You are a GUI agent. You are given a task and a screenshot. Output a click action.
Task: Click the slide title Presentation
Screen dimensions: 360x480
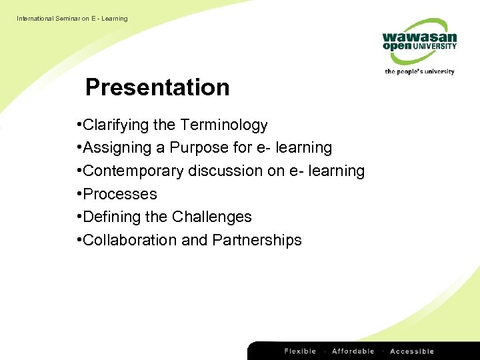(x=157, y=87)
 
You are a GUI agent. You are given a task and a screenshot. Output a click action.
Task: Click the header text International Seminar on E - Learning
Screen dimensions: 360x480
(x=72, y=19)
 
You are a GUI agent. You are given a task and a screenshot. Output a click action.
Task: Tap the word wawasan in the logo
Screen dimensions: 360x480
(x=419, y=37)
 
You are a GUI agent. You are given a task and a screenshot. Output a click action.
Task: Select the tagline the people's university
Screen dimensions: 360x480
(x=419, y=71)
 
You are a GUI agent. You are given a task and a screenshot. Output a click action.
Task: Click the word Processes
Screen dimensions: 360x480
(x=120, y=195)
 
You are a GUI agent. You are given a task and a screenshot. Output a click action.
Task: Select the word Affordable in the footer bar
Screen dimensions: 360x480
(x=353, y=351)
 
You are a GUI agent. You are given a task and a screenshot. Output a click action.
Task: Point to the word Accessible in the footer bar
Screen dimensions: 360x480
(x=412, y=351)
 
